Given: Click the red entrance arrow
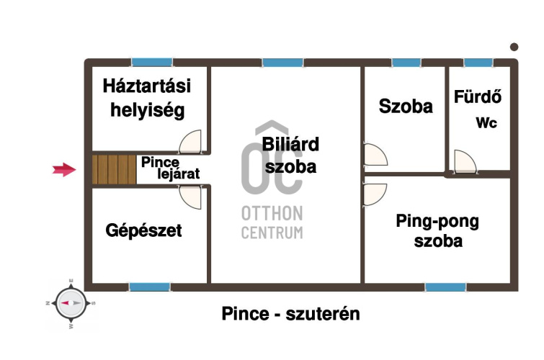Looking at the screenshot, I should tap(65, 170).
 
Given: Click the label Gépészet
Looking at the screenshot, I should tap(143, 231).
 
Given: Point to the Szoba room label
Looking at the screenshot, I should tap(406, 107).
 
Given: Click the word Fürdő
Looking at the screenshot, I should tap(478, 96).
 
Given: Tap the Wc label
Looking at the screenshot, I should tap(486, 123).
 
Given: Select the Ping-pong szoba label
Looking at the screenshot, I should tap(437, 231).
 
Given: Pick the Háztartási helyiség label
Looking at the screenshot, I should tap(146, 99).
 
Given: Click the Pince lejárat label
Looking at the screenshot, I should tap(169, 168).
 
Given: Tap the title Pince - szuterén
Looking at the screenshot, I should tap(290, 314).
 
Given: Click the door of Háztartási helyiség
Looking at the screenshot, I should tap(191, 142).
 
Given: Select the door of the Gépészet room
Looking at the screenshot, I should tap(191, 196).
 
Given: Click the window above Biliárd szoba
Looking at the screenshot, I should tap(282, 63).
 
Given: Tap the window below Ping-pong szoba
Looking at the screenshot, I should tap(445, 287).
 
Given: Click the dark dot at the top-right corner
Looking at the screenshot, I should tap(514, 47).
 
